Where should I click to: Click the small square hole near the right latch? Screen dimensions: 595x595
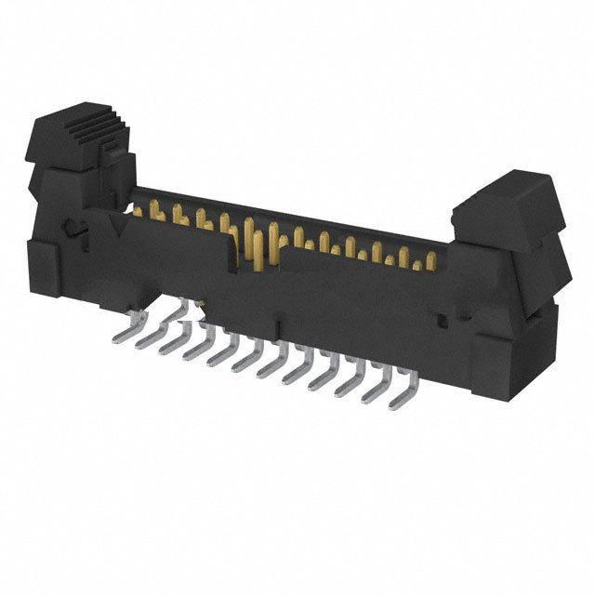tap(444, 321)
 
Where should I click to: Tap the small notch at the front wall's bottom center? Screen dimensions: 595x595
tap(276, 326)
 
